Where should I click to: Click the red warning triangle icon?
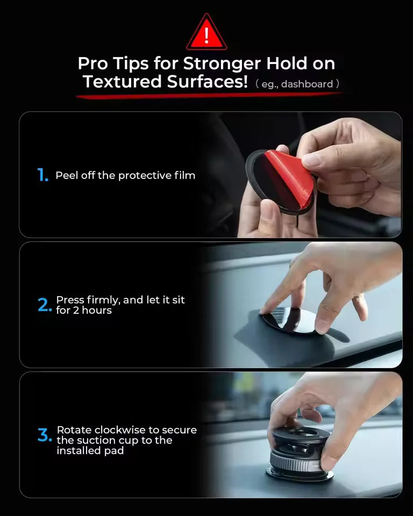206,33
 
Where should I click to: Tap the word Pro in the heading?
92,63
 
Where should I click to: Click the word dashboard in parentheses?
307,84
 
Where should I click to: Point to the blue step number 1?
42,175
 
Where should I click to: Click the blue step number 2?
44,305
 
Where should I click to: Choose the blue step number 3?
44,435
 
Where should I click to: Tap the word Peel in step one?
67,175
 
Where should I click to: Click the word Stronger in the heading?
221,63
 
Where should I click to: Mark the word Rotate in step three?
74,430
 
